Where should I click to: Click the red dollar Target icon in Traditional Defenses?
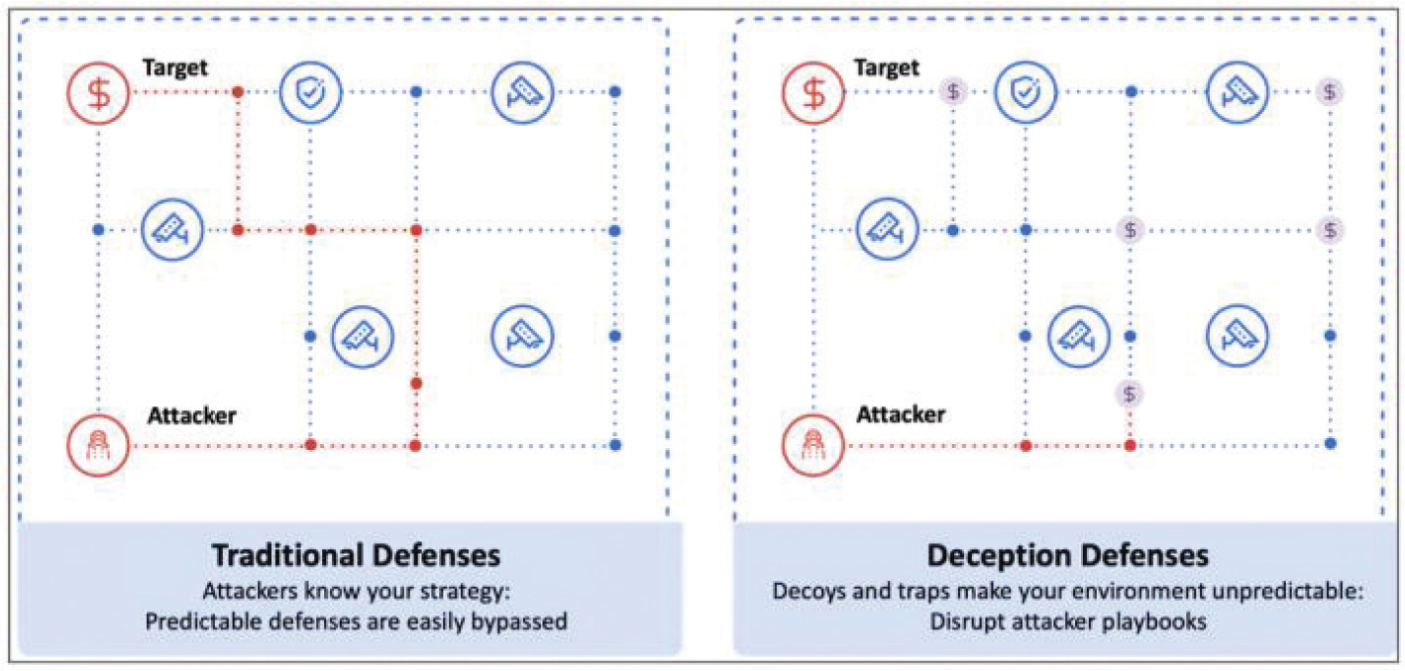99,92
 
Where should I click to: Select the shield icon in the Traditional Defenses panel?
310,92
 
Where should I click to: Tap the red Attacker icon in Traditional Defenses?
99,445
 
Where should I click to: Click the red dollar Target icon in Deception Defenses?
813,92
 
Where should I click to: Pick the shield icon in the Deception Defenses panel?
1026,92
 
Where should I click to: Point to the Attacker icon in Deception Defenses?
813,445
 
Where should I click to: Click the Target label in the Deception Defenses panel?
888,67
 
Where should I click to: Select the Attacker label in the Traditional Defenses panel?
191,414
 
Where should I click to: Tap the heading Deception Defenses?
1067,553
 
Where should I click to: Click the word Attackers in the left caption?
245,593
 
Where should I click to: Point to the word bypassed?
518,621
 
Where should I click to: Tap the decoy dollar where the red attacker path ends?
1130,393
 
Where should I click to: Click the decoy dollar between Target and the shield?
952,92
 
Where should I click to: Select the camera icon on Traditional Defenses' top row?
521,92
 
